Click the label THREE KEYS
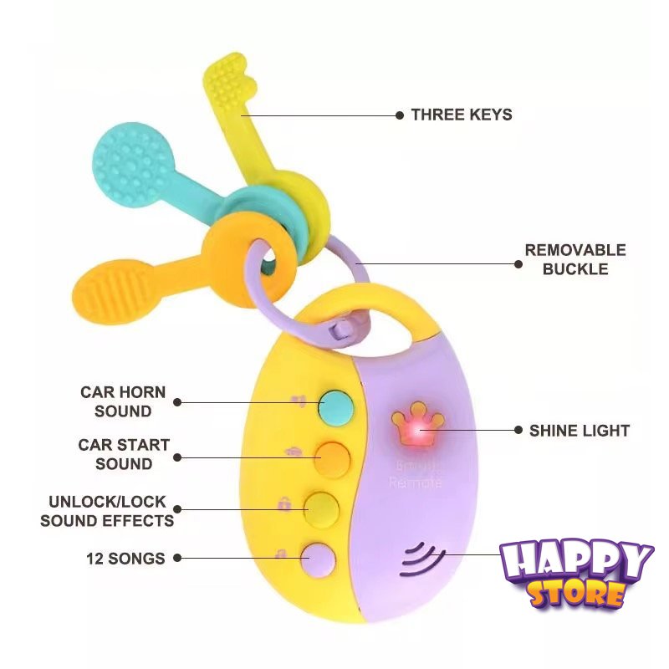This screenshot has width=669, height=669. [461, 115]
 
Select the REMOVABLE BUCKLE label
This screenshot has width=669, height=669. [575, 259]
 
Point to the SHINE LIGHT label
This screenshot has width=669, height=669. [579, 431]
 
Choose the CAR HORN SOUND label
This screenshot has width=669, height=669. [123, 401]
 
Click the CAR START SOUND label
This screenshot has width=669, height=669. [124, 454]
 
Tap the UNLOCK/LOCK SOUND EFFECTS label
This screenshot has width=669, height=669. [107, 511]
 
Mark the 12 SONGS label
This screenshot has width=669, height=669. [125, 558]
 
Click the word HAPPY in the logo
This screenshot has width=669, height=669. [576, 562]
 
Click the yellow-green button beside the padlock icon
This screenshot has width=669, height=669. [319, 506]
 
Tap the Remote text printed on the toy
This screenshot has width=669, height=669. [415, 482]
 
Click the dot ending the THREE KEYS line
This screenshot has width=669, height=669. [399, 115]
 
